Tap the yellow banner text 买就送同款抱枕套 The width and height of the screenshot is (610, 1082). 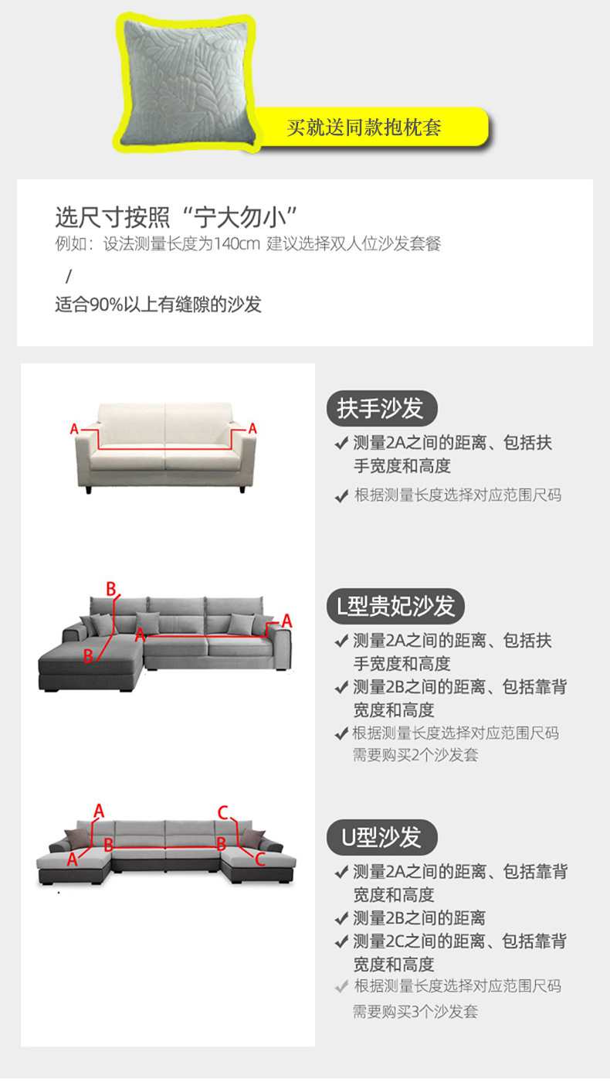tap(364, 128)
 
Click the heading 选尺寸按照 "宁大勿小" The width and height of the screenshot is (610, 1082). tap(176, 217)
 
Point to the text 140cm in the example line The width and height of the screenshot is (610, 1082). tap(237, 244)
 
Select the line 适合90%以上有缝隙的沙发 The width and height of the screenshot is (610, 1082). tap(158, 305)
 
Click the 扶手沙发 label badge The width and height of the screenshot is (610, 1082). tap(381, 409)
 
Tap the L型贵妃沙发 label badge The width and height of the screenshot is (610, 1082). tap(395, 606)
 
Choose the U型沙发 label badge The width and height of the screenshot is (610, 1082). tap(381, 837)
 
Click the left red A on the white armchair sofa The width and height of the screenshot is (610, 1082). tap(74, 428)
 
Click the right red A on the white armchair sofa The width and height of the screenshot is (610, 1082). tap(252, 428)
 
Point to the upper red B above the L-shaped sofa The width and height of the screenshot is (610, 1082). tap(111, 589)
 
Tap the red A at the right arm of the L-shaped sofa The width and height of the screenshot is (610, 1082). tap(287, 621)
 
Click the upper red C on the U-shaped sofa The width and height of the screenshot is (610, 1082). tap(222, 813)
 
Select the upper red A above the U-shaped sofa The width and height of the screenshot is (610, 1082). tap(99, 811)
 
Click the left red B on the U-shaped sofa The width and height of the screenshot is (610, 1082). tap(109, 845)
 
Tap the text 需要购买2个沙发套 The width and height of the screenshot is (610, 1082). tap(415, 755)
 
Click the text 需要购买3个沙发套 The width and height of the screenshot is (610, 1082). tap(415, 1012)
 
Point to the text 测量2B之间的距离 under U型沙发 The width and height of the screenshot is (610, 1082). tap(419, 918)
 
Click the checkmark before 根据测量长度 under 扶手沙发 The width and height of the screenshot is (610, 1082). tap(341, 495)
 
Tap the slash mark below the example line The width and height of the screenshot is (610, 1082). tap(69, 277)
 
